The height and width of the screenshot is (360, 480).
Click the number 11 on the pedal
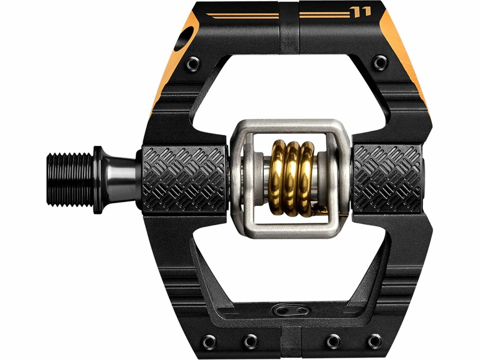click(x=364, y=12)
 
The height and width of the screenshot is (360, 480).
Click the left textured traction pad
click(x=184, y=179)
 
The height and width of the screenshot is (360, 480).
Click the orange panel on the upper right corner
click(x=405, y=60)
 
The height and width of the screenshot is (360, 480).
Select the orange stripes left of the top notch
click(x=243, y=16)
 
